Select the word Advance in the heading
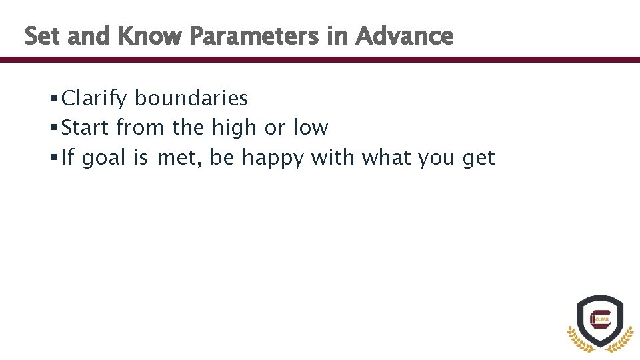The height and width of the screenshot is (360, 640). point(405,36)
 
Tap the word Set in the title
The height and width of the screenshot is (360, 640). point(43,36)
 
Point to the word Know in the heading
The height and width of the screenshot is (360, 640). point(150,36)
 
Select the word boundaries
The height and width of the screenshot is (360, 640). point(191,99)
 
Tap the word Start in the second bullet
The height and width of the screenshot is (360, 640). point(85,127)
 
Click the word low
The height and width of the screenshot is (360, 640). point(310,127)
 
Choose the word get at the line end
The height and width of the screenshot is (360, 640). point(479,159)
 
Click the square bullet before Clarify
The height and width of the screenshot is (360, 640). point(53,99)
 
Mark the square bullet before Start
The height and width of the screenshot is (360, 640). point(53,128)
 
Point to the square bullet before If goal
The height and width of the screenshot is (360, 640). point(53,159)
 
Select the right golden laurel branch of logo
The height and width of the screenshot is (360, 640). point(623,339)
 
